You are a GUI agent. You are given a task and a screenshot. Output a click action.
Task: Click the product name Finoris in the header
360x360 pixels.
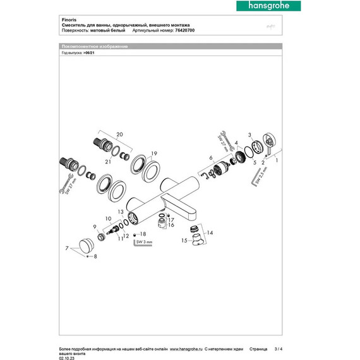(x=70, y=19)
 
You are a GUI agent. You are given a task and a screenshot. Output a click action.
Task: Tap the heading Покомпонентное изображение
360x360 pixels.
(x=94, y=47)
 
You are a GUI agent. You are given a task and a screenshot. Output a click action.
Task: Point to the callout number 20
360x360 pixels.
(x=120, y=134)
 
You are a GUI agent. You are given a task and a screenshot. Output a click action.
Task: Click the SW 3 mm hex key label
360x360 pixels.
(x=145, y=241)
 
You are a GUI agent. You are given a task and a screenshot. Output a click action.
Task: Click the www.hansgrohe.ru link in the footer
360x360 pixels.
(x=183, y=349)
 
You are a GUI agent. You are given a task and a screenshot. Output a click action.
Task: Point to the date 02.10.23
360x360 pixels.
(x=67, y=357)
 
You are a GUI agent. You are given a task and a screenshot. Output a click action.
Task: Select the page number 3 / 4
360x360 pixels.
(x=280, y=349)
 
